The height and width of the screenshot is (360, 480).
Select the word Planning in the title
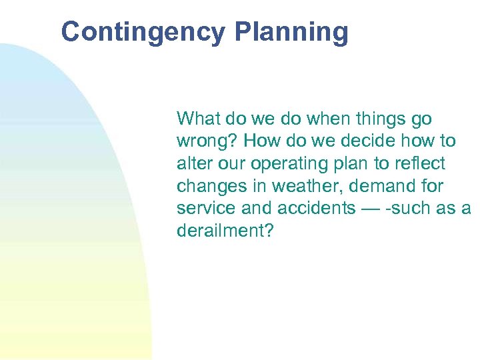pyautogui.click(x=291, y=32)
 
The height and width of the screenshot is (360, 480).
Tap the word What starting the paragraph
pyautogui.click(x=198, y=119)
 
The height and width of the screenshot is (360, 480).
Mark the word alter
pyautogui.click(x=193, y=163)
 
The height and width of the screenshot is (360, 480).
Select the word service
pyautogui.click(x=203, y=208)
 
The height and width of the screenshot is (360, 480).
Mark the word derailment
pyautogui.click(x=225, y=231)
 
